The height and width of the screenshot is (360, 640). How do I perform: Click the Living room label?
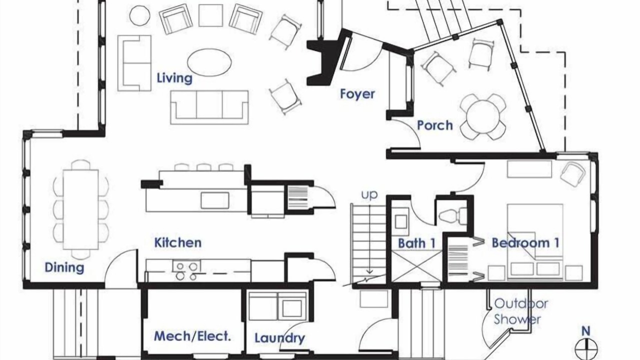[174, 78]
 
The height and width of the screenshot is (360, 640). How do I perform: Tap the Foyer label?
[357, 94]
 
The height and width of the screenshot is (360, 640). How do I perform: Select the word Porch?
[435, 125]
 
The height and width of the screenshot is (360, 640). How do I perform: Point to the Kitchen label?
[178, 243]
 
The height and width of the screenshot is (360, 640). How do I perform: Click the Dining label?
[64, 267]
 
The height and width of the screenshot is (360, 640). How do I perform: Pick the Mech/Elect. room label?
[192, 336]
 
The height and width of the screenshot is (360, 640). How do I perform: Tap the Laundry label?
[279, 338]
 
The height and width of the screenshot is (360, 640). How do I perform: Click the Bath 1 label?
[417, 243]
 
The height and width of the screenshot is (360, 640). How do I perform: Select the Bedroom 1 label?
[525, 243]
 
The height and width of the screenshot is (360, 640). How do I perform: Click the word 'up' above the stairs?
[369, 195]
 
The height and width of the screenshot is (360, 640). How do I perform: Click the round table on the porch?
[482, 116]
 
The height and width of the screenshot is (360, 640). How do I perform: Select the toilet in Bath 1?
[452, 215]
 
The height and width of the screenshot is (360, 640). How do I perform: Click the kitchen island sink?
[215, 200]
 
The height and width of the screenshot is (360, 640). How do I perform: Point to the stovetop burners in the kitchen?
[186, 271]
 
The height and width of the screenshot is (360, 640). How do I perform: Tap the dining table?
[81, 209]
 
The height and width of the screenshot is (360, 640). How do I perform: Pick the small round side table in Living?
[140, 15]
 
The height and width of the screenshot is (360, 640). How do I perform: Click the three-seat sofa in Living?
[209, 107]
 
